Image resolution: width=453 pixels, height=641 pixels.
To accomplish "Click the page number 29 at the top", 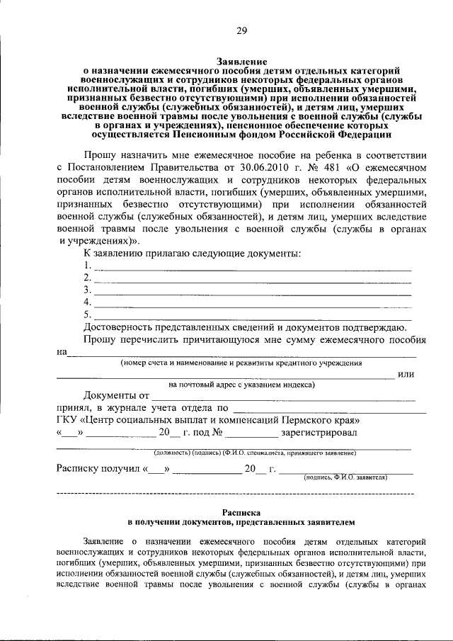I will point(241,30).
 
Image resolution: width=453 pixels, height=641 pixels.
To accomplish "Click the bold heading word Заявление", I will point(241,63).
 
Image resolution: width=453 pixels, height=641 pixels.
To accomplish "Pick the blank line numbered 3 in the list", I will point(253,291).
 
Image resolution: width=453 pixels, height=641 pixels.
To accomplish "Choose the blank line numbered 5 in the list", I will point(253,314).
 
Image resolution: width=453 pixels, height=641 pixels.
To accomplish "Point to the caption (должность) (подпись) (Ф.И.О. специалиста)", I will point(255,453).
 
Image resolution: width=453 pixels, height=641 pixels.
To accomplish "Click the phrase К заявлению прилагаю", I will point(134,254).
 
